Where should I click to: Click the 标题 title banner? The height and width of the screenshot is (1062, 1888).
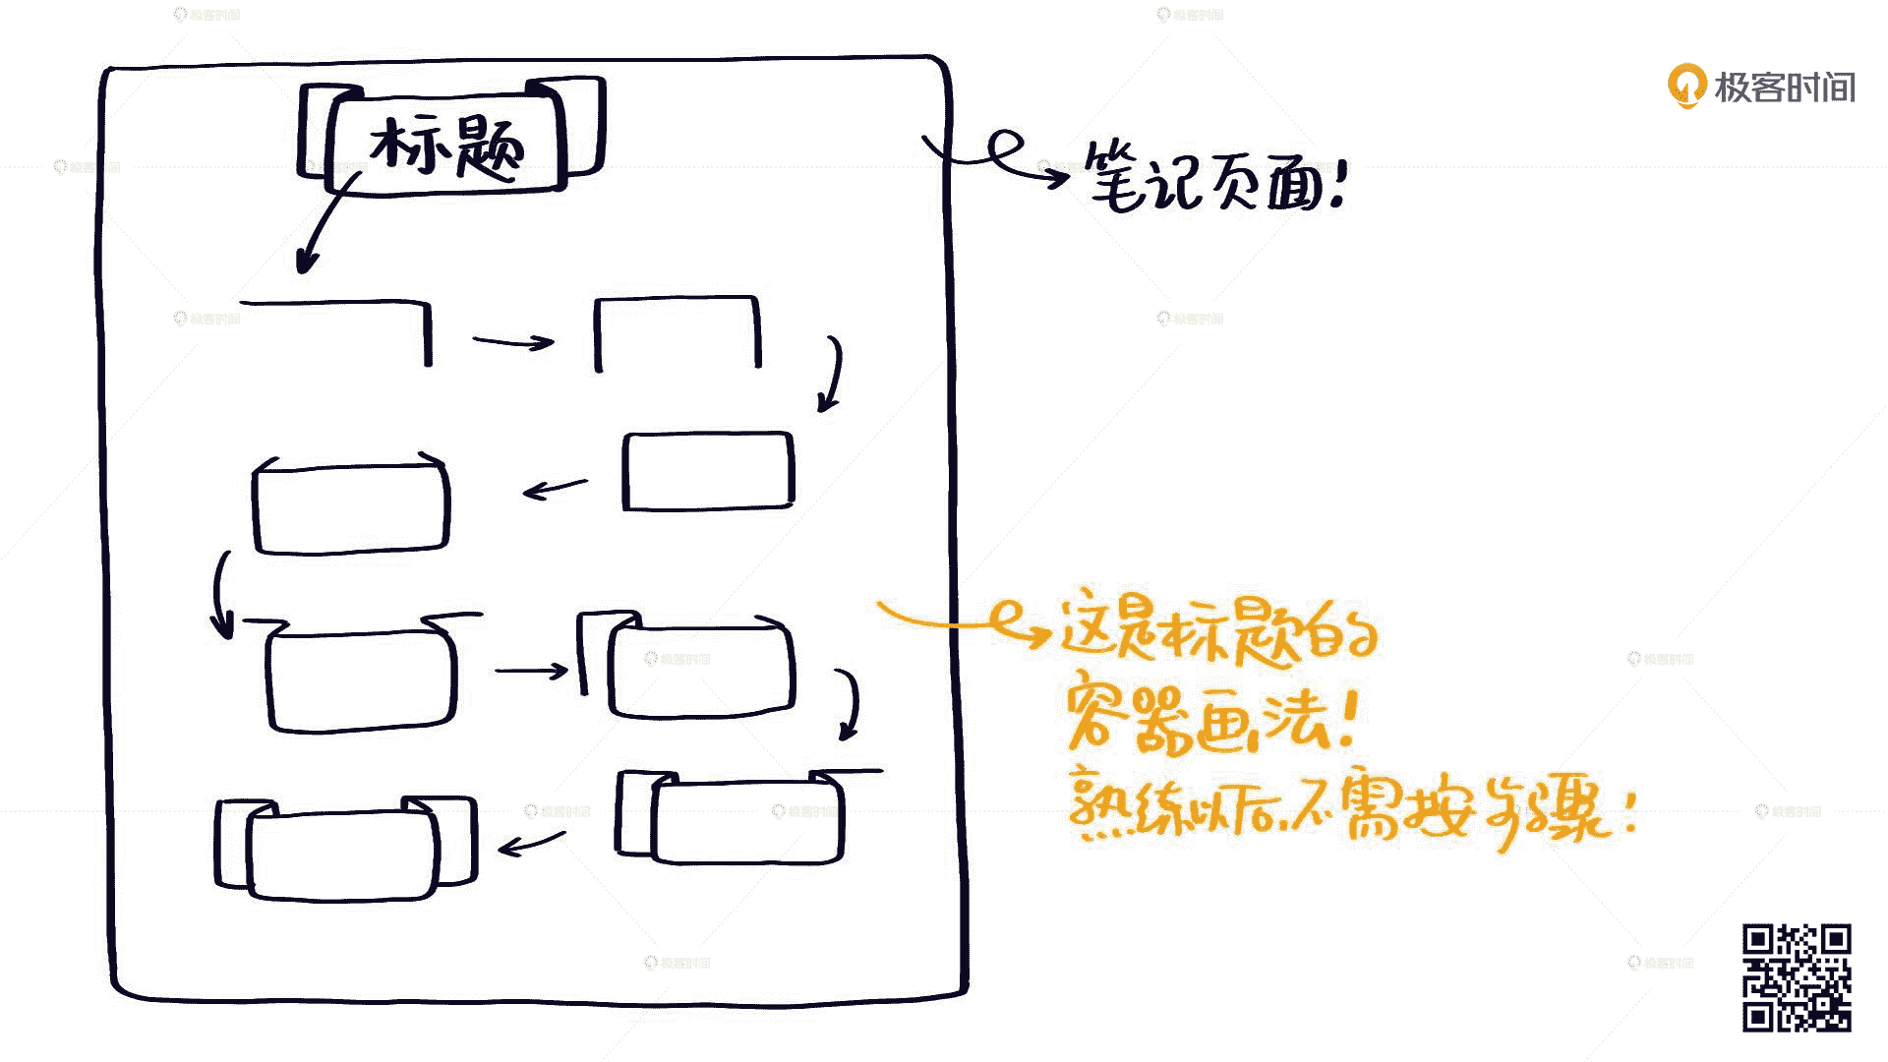[x=450, y=138]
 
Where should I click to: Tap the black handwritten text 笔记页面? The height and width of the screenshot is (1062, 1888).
[x=1214, y=178]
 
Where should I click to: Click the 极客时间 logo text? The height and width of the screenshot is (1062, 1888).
[x=1784, y=88]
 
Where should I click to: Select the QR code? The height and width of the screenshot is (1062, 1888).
[x=1797, y=977]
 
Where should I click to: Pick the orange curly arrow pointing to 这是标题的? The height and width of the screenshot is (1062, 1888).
[x=964, y=623]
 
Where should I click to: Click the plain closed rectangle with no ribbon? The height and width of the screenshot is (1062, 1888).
[x=707, y=471]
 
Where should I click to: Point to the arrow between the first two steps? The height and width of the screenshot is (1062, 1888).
[x=512, y=341]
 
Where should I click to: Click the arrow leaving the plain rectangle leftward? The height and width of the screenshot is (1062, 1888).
[x=555, y=488]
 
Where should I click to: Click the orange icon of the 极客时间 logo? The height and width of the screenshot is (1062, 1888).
[x=1686, y=87]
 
